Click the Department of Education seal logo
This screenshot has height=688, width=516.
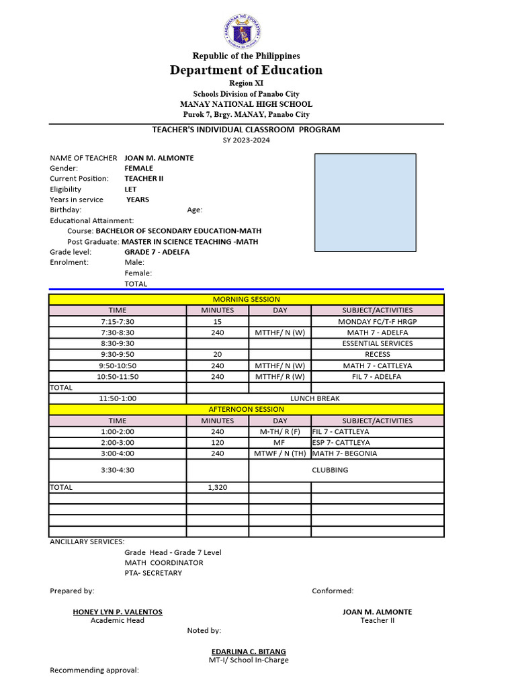(x=243, y=31)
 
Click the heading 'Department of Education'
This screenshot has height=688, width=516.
(x=246, y=70)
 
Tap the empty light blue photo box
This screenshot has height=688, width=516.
(x=365, y=203)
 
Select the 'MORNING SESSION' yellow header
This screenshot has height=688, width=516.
(x=246, y=299)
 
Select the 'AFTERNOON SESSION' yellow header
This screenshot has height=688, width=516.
(x=246, y=409)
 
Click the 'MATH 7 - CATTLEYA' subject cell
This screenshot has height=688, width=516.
(x=377, y=365)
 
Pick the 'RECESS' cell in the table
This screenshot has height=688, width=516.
(x=377, y=354)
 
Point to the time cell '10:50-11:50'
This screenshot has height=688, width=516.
(x=118, y=377)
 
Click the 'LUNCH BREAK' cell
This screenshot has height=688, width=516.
(x=314, y=398)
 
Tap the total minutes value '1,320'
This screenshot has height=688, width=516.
(x=217, y=487)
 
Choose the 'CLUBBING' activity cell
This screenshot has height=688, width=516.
(x=329, y=470)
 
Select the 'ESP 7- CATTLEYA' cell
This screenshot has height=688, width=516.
(x=341, y=443)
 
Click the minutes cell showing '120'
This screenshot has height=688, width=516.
(x=217, y=443)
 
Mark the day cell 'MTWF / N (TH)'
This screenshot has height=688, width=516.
(x=279, y=454)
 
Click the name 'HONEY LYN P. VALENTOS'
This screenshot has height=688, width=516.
(x=118, y=612)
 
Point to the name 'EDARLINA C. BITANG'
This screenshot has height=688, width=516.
(x=248, y=651)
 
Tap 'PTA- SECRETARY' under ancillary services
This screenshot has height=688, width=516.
(x=153, y=573)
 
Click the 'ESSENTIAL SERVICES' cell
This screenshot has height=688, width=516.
(x=377, y=343)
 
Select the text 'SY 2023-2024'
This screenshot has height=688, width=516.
(x=246, y=140)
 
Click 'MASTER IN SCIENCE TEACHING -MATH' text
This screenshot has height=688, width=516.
(x=190, y=242)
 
